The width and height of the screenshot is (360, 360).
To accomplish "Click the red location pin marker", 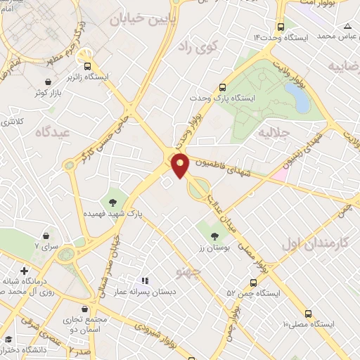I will (x=181, y=166).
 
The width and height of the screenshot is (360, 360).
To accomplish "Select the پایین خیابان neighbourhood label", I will (x=141, y=20).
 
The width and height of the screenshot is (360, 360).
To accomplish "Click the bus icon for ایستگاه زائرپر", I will (x=87, y=66).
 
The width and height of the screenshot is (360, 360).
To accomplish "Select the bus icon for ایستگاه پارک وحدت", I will (x=222, y=88).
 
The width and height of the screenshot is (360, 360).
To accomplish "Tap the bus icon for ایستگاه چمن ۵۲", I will (x=253, y=282).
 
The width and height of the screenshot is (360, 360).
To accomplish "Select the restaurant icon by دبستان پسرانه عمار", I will (x=145, y=282).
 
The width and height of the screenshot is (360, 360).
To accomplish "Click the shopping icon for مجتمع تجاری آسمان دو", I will (x=85, y=309).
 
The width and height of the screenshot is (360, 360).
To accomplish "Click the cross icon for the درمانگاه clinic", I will (x=24, y=271).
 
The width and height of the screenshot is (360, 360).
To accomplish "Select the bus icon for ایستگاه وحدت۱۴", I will (x=280, y=23).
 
